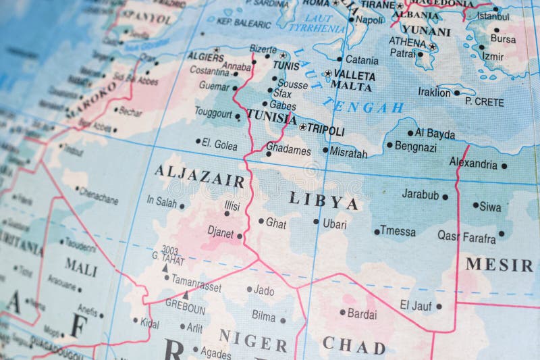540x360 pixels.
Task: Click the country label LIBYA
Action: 323,201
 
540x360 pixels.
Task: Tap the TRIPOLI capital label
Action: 326,131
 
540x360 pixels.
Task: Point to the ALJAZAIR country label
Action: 199,176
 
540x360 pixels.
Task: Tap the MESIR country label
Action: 500,265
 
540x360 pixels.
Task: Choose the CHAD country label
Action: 354,344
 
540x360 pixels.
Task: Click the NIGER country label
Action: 253,340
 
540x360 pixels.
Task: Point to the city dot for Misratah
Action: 325,150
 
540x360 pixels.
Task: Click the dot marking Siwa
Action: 475,205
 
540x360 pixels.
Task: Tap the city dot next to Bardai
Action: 342,312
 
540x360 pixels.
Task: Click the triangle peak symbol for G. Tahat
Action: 165,268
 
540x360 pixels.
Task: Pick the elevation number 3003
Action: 169,249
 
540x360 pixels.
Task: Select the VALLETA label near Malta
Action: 354,74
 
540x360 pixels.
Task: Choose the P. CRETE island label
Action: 485,101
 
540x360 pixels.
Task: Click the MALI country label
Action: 81,269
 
